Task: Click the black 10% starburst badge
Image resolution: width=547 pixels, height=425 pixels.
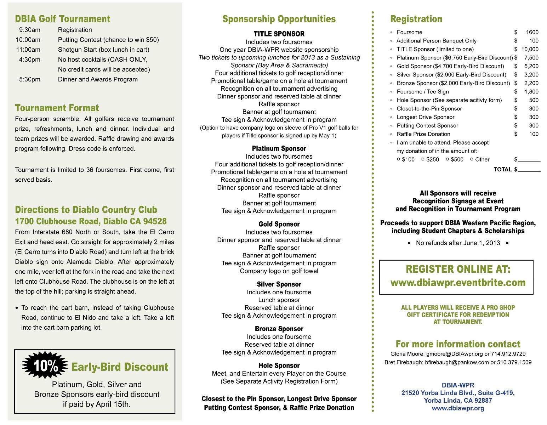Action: coord(45,366)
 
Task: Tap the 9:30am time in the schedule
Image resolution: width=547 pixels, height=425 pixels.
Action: coord(30,30)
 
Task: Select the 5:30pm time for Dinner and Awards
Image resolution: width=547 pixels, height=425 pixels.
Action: coord(30,80)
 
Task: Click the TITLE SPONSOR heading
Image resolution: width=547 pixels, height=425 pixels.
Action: coord(279,34)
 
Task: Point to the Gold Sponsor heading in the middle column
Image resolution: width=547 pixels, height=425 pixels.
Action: coord(279,224)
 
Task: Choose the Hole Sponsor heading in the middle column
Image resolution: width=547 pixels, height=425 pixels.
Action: coord(279,365)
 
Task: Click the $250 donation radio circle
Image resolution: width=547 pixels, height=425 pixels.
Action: coord(423,159)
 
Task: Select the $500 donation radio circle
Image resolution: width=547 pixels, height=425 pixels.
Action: coord(448,159)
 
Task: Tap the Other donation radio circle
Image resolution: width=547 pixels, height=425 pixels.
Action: coord(472,159)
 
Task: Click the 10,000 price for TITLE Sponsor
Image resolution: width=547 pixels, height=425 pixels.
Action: coord(530,49)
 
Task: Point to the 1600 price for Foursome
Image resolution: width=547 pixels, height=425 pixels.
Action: coord(532,32)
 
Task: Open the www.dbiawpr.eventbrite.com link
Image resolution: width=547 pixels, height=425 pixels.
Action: coord(458,283)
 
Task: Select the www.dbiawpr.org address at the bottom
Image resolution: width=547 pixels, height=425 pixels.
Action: coord(458,408)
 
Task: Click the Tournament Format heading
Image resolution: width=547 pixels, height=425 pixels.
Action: coord(57,108)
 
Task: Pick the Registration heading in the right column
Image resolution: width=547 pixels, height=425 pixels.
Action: coord(416,19)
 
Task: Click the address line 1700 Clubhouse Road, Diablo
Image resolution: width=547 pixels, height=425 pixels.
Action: coord(91,221)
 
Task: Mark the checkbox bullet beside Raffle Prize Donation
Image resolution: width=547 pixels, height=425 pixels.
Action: coord(391,134)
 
